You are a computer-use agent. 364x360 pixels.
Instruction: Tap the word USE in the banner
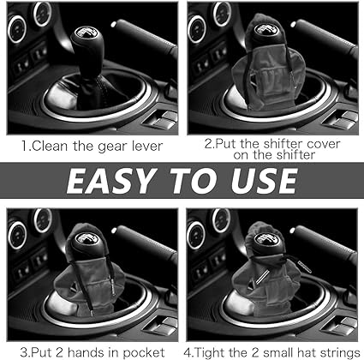point(264,181)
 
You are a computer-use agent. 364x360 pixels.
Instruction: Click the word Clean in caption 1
point(50,146)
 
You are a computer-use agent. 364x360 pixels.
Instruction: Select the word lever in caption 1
point(147,146)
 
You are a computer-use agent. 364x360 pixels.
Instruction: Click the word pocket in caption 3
point(144,352)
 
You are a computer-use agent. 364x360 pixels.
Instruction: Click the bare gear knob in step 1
point(86,49)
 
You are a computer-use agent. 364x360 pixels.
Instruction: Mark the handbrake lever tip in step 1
point(114,24)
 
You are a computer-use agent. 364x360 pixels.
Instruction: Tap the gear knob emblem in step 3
point(84,238)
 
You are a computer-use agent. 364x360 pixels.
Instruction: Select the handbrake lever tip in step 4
point(292,230)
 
